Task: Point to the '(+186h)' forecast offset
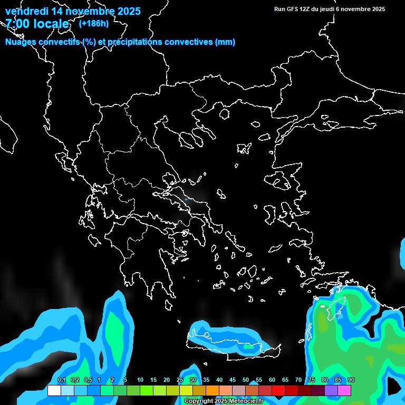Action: (94, 24)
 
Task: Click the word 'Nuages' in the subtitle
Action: (21, 42)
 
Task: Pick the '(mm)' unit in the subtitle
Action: (225, 42)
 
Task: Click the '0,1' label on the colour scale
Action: (61, 380)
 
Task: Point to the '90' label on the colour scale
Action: (351, 380)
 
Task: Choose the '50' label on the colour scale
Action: (245, 380)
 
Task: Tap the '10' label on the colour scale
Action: (140, 380)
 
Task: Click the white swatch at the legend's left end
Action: (54, 390)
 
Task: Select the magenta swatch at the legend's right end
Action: (344, 390)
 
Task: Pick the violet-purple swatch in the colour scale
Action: (331, 390)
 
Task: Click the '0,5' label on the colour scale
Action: (88, 380)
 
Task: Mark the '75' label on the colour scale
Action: (311, 380)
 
